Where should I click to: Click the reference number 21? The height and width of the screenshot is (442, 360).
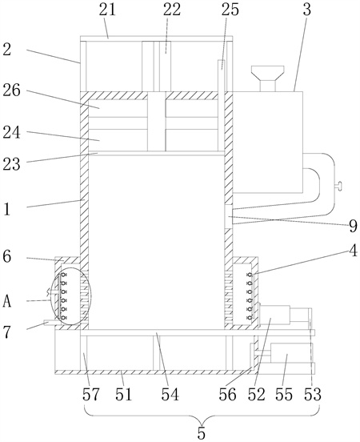[107, 10]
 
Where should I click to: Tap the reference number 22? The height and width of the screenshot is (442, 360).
[172, 10]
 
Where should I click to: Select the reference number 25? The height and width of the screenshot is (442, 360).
[230, 10]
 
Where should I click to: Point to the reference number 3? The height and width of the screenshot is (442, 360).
[306, 10]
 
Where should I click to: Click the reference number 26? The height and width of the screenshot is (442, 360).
[11, 90]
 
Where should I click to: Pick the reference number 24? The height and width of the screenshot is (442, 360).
[11, 132]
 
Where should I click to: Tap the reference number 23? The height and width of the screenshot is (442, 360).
[11, 164]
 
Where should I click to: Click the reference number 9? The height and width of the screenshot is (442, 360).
[353, 226]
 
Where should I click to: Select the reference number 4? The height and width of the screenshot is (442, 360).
[354, 251]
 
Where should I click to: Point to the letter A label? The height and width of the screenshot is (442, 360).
[7, 302]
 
